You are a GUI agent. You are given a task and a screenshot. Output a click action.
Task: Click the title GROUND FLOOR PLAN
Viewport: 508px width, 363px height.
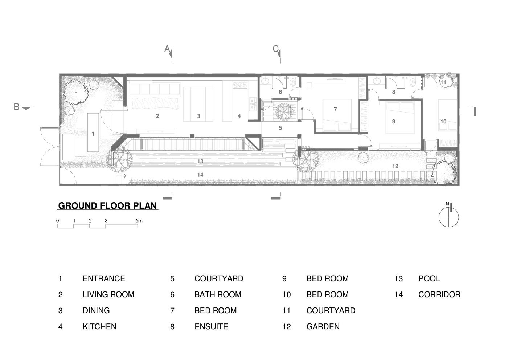(107, 206)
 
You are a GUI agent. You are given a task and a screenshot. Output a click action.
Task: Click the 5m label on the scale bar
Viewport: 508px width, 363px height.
(139, 221)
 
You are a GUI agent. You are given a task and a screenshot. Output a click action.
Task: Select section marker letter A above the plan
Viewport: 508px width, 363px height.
(167, 49)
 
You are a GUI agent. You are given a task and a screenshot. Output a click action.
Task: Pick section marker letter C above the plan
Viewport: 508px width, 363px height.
(275, 49)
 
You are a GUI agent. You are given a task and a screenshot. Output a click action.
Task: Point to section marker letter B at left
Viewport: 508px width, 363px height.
(17, 107)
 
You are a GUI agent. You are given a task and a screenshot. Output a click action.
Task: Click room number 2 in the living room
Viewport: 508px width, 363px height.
(157, 116)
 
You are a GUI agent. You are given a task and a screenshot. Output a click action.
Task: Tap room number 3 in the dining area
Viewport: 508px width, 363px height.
(199, 116)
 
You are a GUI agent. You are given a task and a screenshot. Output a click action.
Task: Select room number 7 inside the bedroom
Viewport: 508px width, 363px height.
(335, 110)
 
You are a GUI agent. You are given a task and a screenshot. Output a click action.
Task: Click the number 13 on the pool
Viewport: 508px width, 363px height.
(200, 161)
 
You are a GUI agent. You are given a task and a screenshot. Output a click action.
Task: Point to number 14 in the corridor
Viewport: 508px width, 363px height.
(200, 175)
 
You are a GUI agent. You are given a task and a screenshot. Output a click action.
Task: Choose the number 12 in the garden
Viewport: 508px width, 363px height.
(395, 166)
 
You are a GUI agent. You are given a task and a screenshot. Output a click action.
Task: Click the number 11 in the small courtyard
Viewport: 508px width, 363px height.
(443, 82)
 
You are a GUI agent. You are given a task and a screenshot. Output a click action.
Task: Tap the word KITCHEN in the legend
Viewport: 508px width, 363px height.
(99, 326)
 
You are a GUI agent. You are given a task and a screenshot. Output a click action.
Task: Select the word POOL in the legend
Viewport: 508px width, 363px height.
(429, 278)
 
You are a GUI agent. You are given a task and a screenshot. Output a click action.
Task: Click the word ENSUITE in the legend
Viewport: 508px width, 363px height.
(211, 326)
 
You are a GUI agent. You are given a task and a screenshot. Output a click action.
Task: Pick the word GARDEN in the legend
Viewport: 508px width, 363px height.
(323, 326)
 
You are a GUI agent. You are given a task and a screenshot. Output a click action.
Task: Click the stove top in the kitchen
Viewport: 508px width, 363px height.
(240, 85)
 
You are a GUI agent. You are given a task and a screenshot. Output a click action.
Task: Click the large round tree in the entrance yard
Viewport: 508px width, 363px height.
(76, 92)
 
